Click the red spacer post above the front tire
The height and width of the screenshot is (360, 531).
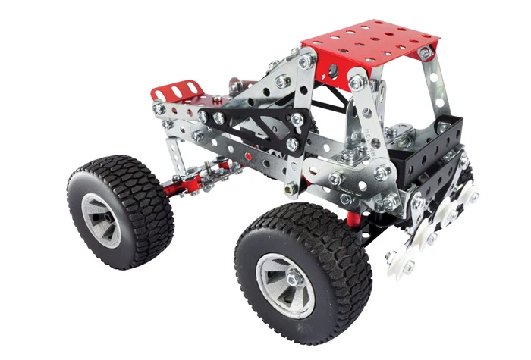coord(353,219)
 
